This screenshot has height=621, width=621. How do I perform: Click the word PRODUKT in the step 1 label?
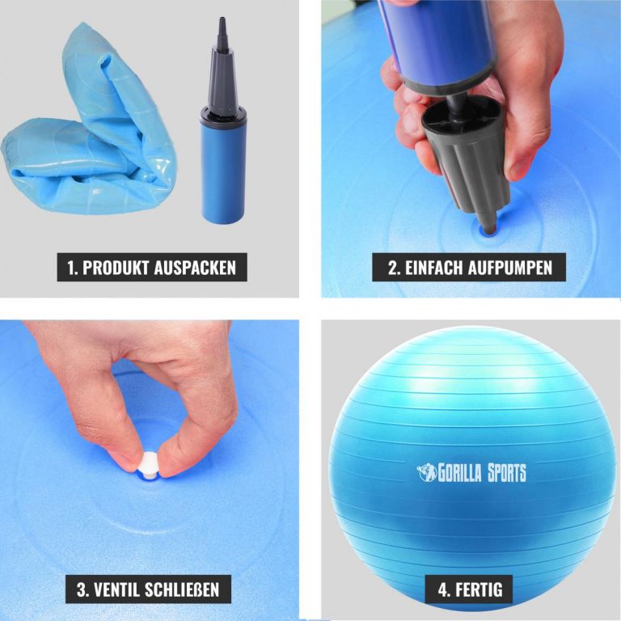point(116,268)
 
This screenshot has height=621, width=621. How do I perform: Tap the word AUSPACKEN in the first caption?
point(195,268)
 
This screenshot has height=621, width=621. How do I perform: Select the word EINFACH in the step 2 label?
point(433,268)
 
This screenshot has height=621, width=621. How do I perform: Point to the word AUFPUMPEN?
point(509,268)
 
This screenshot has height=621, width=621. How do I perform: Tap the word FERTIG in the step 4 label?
point(479,589)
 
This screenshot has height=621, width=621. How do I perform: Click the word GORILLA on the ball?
point(459,473)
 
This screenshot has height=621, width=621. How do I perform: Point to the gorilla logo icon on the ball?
point(427,472)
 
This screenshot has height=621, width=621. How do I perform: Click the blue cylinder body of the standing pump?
point(223,172)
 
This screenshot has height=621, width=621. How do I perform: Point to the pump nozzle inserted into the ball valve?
point(489,222)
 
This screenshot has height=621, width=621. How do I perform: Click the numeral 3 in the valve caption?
point(82,589)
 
